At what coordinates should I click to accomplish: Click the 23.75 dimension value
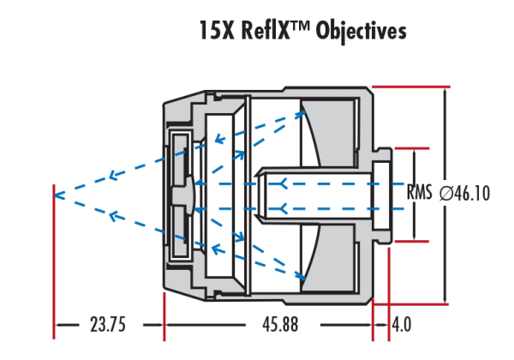tap(108, 325)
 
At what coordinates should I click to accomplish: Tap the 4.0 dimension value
tap(402, 325)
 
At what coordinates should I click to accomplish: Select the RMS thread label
tap(420, 194)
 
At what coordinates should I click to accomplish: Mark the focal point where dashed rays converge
tap(55, 194)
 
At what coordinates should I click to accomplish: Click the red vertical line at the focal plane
tap(55, 257)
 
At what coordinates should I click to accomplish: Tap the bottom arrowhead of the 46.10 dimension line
tap(445, 299)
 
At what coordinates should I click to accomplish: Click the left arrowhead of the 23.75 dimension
tap(59, 325)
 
